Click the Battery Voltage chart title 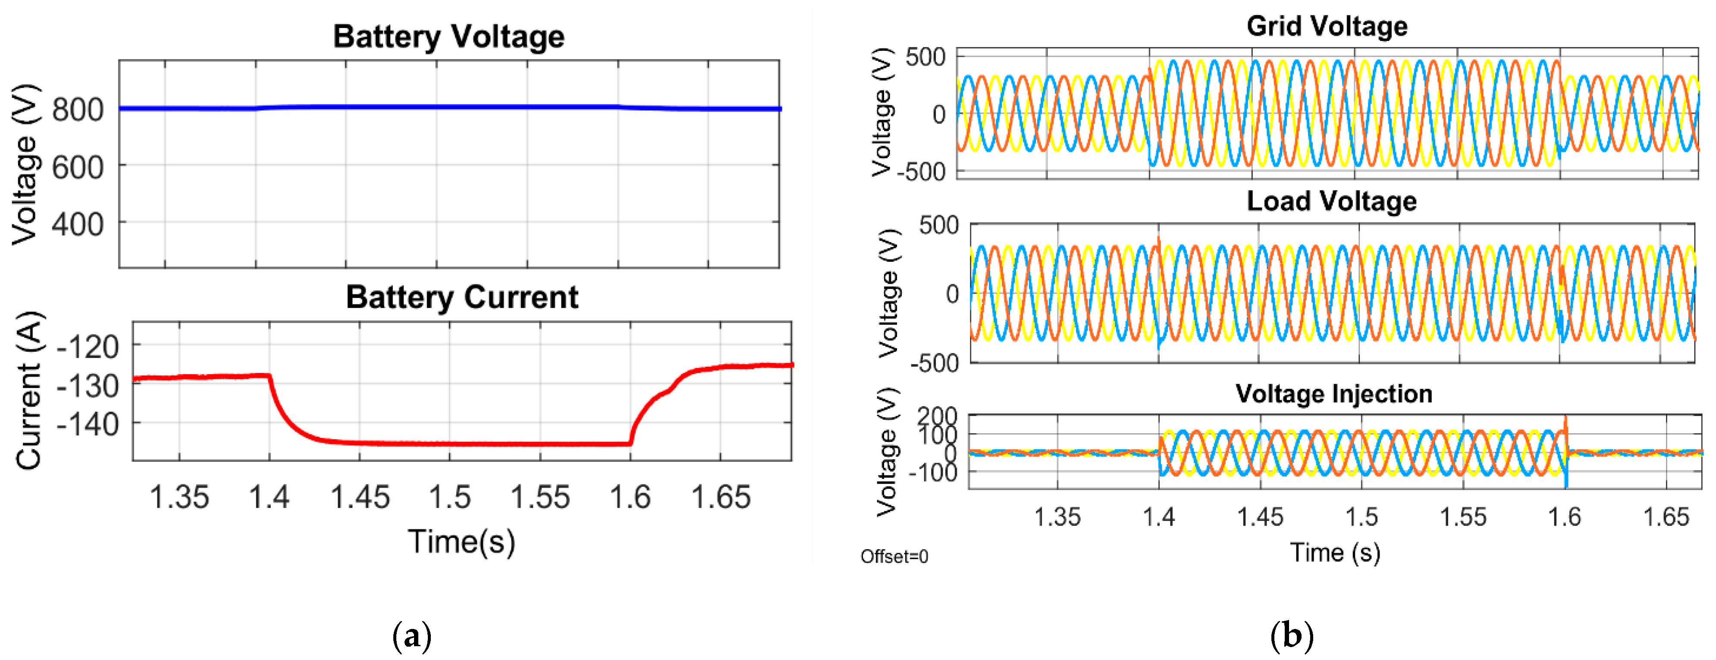449,37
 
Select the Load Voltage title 1331,201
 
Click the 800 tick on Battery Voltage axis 78,110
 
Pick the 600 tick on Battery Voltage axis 78,167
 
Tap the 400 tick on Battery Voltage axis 78,225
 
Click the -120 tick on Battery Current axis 88,347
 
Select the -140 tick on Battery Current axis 88,424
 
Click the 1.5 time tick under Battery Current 450,497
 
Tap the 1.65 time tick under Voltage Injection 1666,517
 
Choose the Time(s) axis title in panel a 461,541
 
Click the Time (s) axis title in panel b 1335,553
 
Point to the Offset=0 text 894,556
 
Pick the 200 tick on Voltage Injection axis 937,416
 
